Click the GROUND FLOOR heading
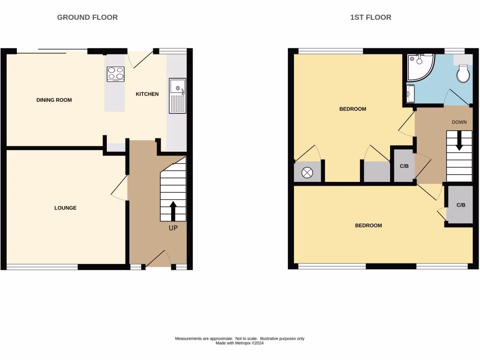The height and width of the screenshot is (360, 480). tap(87, 17)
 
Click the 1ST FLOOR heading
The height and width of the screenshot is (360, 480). tap(370, 17)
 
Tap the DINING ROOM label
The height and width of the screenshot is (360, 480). tap(54, 100)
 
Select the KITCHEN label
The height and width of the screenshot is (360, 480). tap(147, 94)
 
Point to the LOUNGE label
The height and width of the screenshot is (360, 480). tap(65, 208)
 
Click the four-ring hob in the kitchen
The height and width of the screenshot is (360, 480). tap(115, 74)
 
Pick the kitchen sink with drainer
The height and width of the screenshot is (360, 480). tap(178, 96)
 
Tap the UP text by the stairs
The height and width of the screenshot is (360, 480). tap(173, 228)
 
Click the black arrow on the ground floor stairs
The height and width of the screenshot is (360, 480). tap(173, 211)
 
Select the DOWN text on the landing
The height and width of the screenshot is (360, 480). tap(459, 122)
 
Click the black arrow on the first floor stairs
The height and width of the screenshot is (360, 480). tap(459, 141)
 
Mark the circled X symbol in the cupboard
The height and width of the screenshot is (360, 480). tap(307, 172)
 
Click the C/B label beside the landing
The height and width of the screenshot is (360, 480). tap(404, 166)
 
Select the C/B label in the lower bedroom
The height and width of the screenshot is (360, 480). tap(460, 205)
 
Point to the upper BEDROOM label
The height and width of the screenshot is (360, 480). tap(352, 109)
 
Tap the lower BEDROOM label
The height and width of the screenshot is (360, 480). tap(368, 225)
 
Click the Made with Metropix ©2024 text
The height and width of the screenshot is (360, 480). tap(240, 343)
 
